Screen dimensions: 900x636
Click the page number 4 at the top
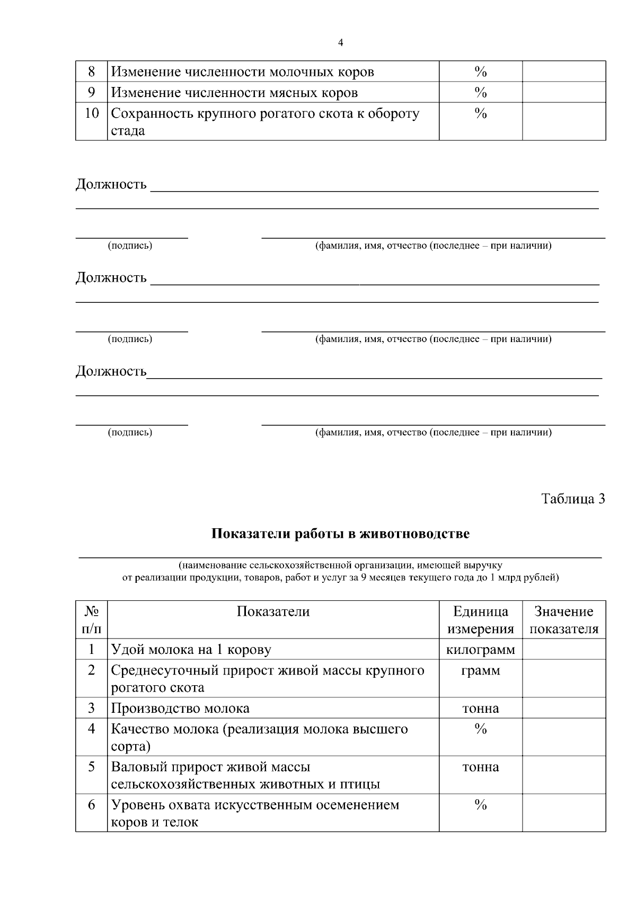[x=340, y=43]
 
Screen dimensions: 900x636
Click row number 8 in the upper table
[x=91, y=72]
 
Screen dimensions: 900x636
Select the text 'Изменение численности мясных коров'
[x=234, y=93]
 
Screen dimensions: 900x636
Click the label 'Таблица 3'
[x=572, y=499]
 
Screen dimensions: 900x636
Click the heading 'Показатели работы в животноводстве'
[x=340, y=534]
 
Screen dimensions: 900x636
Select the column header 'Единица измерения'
[x=480, y=620]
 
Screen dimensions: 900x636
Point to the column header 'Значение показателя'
[x=564, y=620]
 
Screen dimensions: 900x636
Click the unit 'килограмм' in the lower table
[x=480, y=650]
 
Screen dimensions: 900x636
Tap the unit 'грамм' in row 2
[x=480, y=670]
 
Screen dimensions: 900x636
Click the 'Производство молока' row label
[x=180, y=708]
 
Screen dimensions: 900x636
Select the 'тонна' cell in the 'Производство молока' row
[x=480, y=708]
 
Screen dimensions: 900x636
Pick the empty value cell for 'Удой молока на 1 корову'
[x=564, y=650]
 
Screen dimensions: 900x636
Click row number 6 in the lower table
[x=91, y=805]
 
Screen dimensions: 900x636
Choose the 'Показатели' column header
[x=273, y=611]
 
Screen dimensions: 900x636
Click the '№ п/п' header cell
[x=91, y=620]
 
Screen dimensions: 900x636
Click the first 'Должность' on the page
[x=111, y=185]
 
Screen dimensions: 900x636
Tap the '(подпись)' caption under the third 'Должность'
[x=130, y=432]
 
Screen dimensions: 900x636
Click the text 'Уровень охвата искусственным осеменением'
[x=254, y=805]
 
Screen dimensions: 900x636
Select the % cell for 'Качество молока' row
[x=480, y=729]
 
